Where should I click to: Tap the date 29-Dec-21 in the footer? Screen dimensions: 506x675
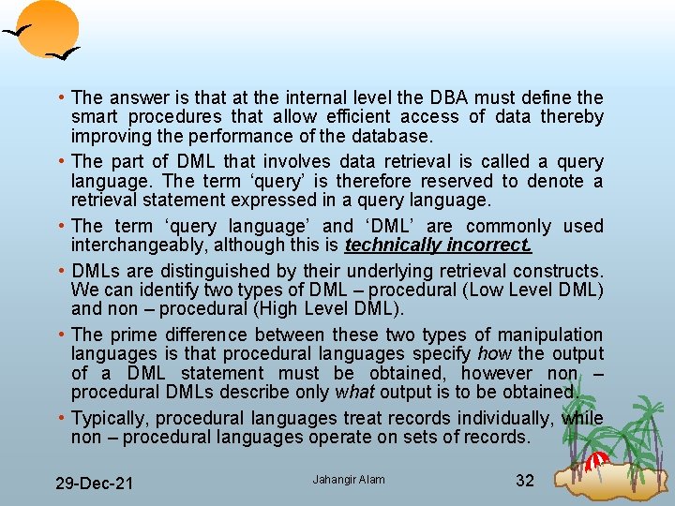coord(94,484)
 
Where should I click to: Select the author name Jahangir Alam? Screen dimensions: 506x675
coord(349,480)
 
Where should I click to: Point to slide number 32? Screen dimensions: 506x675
coord(525,481)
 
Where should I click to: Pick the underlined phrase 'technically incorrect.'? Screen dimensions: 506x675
coord(439,246)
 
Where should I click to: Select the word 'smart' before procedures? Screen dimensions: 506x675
coord(93,117)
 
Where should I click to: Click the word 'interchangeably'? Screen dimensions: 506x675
coord(140,246)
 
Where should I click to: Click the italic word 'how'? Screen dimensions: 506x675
coord(495,353)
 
